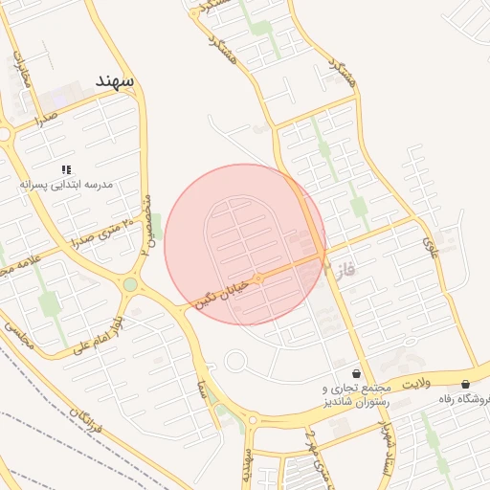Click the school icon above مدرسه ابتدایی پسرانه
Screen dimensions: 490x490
point(65,168)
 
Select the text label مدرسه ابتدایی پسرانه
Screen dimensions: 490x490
point(67,183)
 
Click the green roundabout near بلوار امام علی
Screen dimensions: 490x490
point(130,284)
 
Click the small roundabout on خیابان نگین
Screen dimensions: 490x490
point(258,278)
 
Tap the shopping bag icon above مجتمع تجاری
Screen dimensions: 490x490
point(357,373)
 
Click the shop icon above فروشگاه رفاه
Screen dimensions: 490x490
point(465,384)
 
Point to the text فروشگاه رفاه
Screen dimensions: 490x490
point(464,398)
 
